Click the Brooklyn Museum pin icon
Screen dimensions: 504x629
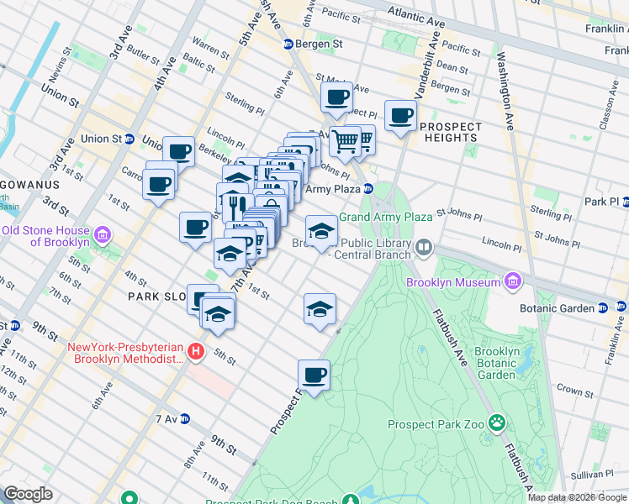pyautogui.click(x=512, y=282)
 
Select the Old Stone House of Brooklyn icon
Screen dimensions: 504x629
pyautogui.click(x=103, y=232)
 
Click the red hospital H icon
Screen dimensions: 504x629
pyautogui.click(x=196, y=351)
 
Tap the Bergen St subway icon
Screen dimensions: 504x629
pyautogui.click(x=288, y=44)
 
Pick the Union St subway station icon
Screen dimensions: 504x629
pyautogui.click(x=130, y=139)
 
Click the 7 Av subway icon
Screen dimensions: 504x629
pyautogui.click(x=185, y=418)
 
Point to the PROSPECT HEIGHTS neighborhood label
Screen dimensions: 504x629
pyautogui.click(x=451, y=132)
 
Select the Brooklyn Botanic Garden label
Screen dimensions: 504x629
pyautogui.click(x=495, y=363)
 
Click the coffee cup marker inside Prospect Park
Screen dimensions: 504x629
pyautogui.click(x=314, y=375)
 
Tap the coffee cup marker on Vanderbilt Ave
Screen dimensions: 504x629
pyautogui.click(x=401, y=115)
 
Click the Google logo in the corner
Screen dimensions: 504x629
pyautogui.click(x=29, y=494)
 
